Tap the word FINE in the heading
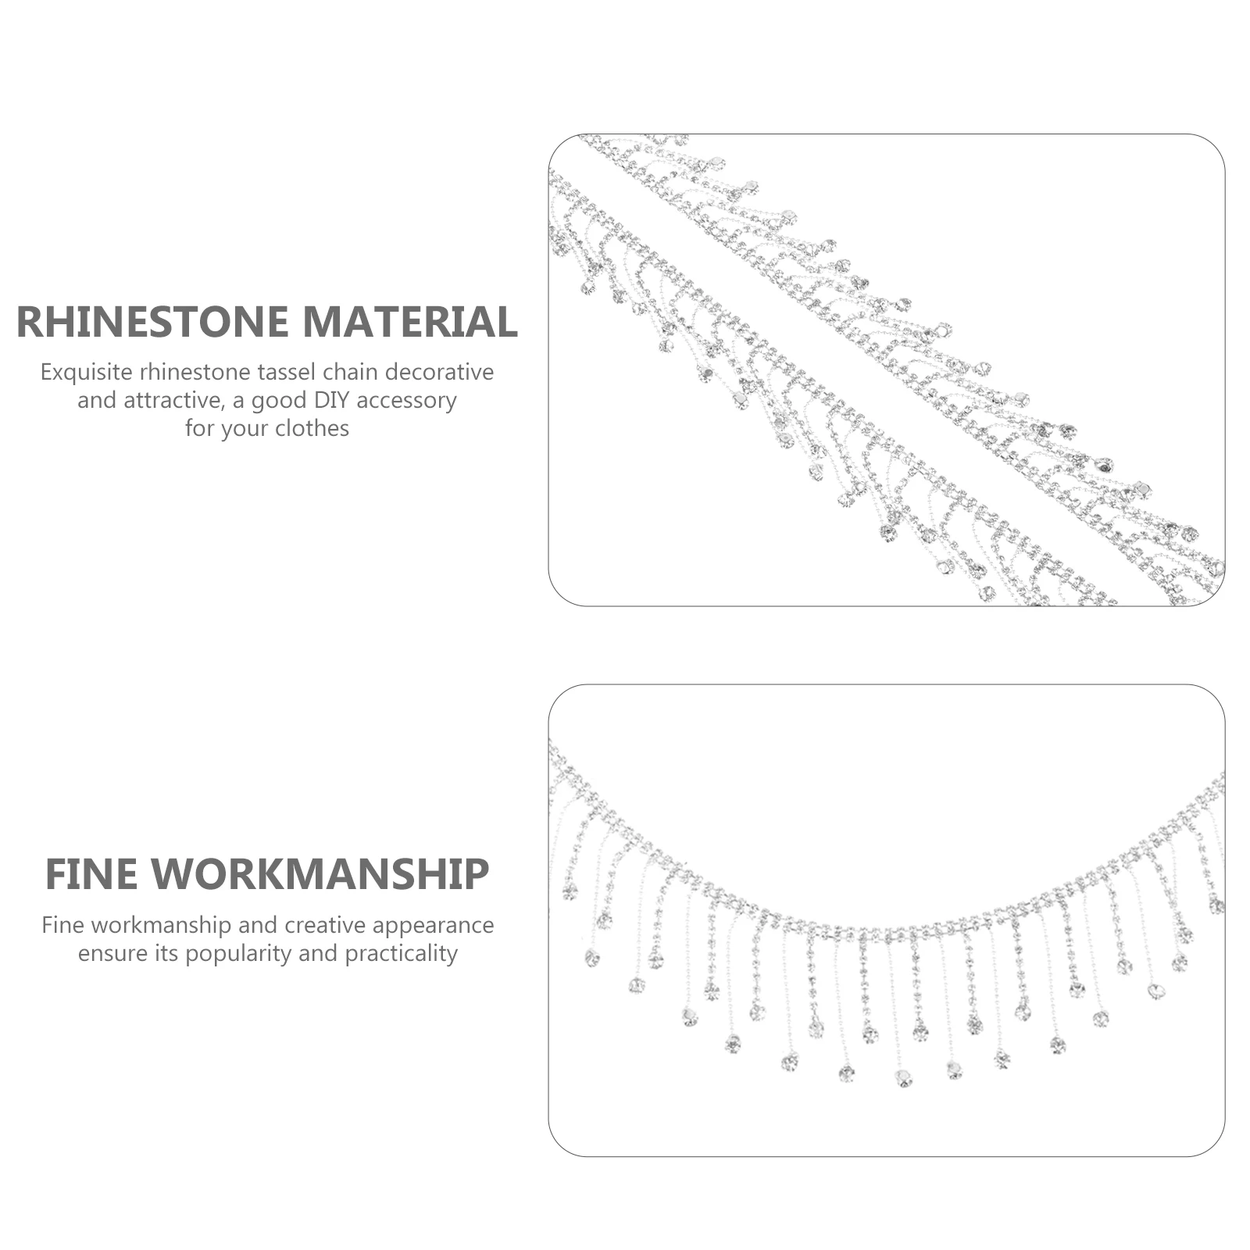point(91,874)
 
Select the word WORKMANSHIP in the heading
point(320,874)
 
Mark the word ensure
point(107,955)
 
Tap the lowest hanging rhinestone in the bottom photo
point(904,1079)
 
